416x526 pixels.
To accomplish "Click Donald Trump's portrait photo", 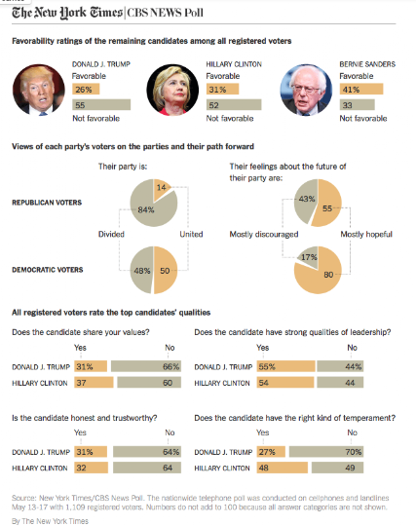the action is click(39, 90).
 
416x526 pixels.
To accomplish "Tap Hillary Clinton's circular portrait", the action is click(172, 90).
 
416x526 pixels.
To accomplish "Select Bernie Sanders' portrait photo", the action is click(306, 90).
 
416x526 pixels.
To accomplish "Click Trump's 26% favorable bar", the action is click(86, 90).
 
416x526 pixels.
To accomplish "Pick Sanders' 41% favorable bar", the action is click(361, 90).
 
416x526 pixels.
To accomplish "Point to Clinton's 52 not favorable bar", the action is click(234, 104).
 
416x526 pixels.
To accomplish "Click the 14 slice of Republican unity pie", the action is click(162, 189).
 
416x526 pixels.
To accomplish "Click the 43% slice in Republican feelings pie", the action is click(306, 201).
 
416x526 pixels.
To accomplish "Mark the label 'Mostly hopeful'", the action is click(366, 234).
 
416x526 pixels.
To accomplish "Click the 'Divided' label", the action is click(111, 234).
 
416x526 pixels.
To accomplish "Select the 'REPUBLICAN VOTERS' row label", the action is click(47, 203).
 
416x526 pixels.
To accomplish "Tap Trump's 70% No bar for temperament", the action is click(326, 452).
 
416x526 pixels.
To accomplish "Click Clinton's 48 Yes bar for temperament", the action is click(283, 468).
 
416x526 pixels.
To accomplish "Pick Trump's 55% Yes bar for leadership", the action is click(286, 366).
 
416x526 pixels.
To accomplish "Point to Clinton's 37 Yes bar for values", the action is click(94, 383).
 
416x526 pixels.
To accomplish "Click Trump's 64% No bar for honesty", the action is click(147, 452).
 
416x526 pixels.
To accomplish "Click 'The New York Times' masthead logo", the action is click(67, 13).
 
